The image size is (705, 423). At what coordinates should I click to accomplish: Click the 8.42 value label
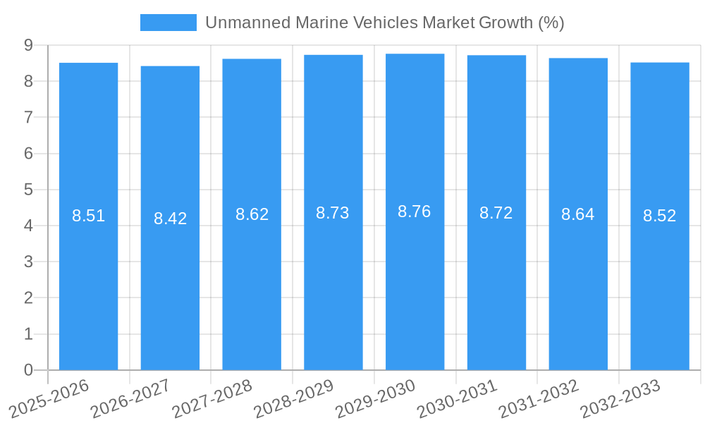(x=171, y=219)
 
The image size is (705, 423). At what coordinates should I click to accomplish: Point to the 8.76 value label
(x=415, y=211)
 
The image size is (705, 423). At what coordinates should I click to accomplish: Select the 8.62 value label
(x=252, y=214)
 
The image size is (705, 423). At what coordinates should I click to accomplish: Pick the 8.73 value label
(x=333, y=213)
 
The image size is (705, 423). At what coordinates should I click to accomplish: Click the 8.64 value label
(x=578, y=214)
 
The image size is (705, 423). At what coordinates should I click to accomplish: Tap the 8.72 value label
(x=496, y=213)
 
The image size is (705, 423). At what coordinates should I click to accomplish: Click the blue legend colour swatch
(x=168, y=23)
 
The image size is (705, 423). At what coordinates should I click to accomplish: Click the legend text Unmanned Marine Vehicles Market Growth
(x=384, y=23)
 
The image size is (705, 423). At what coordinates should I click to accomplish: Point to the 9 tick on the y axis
(x=28, y=45)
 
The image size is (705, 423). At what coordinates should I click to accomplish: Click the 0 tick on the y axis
(x=28, y=370)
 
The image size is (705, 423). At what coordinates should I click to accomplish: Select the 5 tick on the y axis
(x=28, y=190)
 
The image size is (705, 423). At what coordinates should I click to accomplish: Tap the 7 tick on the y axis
(x=28, y=117)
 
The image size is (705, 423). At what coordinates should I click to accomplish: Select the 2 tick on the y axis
(x=28, y=298)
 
